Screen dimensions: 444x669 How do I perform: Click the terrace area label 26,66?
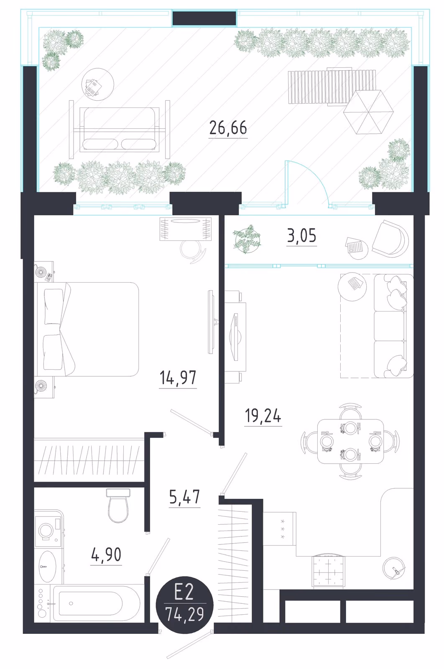click(x=228, y=128)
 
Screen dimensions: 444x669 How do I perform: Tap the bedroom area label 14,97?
click(x=178, y=378)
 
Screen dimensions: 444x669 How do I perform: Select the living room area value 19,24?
click(x=263, y=416)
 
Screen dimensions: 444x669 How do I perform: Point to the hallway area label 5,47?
click(x=184, y=497)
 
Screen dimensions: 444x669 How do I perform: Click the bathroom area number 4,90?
click(x=106, y=554)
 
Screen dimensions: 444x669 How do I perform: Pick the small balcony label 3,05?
click(x=301, y=235)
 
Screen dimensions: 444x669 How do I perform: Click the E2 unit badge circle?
click(x=185, y=605)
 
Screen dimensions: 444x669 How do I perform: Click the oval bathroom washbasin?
click(x=48, y=566)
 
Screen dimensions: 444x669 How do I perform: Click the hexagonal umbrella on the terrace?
click(x=368, y=112)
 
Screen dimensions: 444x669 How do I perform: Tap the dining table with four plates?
click(x=350, y=441)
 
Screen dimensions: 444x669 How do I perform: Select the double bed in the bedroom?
click(x=87, y=329)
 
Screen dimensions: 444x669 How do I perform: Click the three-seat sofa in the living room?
click(x=393, y=326)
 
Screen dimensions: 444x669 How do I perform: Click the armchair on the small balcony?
click(x=390, y=239)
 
